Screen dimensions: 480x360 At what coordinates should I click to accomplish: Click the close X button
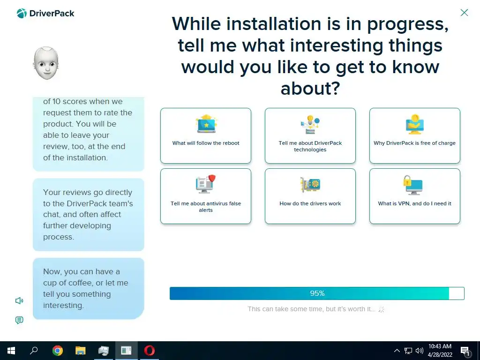(464, 13)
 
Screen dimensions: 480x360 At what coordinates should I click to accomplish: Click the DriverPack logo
(45, 14)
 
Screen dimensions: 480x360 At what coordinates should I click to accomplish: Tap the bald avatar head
(46, 63)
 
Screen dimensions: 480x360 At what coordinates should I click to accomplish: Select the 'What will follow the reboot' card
(206, 135)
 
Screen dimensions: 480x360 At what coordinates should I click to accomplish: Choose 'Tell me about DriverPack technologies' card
(310, 135)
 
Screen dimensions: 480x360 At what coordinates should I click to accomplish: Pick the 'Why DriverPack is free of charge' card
(414, 135)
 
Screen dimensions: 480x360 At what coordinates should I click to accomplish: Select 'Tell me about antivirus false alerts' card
(206, 196)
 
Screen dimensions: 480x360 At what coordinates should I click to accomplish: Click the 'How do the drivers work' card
(310, 196)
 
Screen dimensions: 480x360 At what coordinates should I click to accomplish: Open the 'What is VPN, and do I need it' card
(414, 196)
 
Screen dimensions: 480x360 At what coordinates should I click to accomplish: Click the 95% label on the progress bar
(317, 293)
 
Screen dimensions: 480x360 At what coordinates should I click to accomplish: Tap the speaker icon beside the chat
(19, 300)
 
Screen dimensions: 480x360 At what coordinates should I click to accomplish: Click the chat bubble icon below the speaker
(19, 320)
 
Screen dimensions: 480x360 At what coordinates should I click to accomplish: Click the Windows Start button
(11, 351)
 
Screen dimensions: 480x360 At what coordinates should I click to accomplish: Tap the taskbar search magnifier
(34, 350)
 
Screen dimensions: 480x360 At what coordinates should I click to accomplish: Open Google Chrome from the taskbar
(58, 351)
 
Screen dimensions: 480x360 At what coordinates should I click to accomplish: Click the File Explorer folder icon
(81, 351)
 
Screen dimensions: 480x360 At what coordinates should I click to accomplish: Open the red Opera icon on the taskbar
(150, 351)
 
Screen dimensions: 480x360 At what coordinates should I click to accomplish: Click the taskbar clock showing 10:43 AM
(440, 351)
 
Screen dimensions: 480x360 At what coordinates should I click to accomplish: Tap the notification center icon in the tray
(465, 351)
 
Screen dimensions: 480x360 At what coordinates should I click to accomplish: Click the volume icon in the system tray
(420, 351)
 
